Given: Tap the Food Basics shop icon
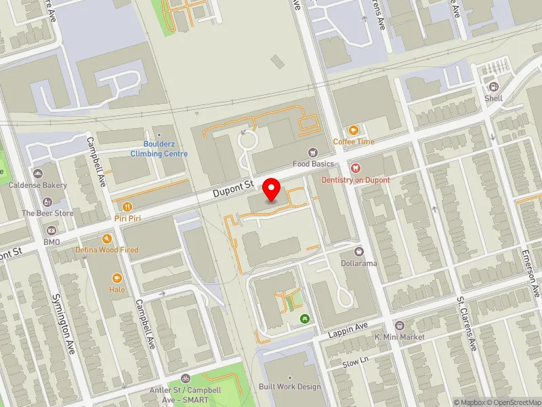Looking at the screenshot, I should pos(313,153).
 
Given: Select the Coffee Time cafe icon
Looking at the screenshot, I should pos(353,130).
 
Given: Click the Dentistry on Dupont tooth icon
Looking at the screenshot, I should pos(355,168).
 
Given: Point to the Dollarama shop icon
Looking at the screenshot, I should pos(359,252).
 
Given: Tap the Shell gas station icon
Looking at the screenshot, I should pos(493,87).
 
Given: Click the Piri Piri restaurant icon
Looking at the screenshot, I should pos(126,206).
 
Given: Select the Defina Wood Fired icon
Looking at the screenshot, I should pos(107,239).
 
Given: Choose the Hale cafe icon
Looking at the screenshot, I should pos(117,277).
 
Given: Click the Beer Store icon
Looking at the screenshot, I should pos(47,201).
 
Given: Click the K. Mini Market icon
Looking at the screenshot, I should pos(400,326).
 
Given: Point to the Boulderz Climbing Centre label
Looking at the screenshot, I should pos(159,149).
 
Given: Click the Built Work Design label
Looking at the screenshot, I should pos(289,387).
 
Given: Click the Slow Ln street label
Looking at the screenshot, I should pos(355,362).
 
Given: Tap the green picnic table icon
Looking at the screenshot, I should pos(305,317).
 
